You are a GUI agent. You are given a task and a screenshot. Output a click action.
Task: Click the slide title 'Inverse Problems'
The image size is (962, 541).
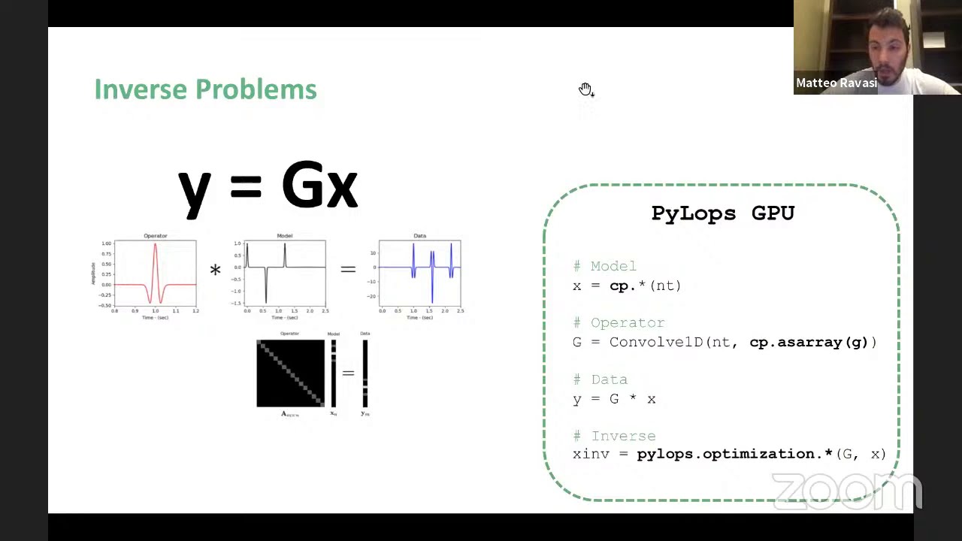click(205, 89)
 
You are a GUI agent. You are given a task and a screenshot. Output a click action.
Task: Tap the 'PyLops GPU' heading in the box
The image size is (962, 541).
click(722, 213)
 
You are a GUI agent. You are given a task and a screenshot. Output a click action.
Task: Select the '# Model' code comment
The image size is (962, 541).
click(604, 266)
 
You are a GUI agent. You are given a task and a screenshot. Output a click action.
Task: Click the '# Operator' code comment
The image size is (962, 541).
click(619, 322)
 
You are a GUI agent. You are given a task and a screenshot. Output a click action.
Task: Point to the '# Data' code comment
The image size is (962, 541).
click(600, 379)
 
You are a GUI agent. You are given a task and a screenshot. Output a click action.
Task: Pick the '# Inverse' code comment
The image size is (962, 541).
click(614, 436)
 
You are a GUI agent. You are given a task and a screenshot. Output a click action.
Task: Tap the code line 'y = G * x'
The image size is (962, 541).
click(614, 399)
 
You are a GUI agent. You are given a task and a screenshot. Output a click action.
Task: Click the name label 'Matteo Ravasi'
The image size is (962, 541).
click(836, 83)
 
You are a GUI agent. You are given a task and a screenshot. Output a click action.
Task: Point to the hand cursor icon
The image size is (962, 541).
click(585, 90)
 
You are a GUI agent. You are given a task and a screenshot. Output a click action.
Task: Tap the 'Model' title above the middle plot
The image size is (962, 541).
click(284, 236)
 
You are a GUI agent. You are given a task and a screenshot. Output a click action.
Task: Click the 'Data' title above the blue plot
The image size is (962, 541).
click(419, 236)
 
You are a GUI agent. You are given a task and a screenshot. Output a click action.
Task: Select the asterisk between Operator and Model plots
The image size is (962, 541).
click(216, 270)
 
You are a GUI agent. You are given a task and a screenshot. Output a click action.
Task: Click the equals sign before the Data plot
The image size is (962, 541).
click(348, 268)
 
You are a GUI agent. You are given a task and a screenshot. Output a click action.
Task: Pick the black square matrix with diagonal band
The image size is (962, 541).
click(290, 373)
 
